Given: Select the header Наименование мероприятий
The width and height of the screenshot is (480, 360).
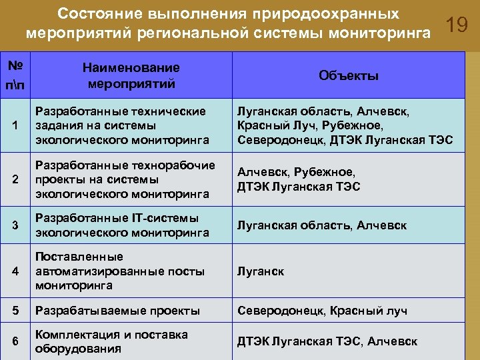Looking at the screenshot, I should click(131, 76).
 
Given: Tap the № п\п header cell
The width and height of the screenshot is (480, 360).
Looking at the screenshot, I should click(15, 76).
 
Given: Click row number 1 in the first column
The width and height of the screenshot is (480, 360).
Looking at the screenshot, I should click(15, 125).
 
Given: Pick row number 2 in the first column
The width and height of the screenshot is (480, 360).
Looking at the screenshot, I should click(15, 179).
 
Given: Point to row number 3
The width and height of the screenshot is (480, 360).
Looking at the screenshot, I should click(15, 225).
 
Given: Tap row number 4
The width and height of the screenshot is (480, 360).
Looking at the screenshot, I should click(15, 271).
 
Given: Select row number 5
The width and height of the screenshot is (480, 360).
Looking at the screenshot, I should click(15, 311).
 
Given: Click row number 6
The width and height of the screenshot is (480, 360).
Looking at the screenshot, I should click(15, 341).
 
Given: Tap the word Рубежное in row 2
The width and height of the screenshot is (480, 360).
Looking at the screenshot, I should click(322, 172).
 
